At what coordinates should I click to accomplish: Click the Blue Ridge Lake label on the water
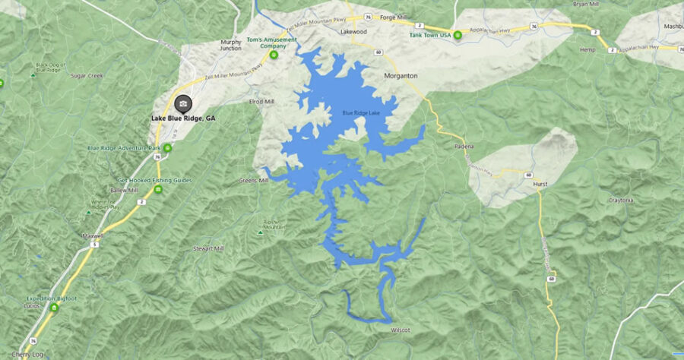361,113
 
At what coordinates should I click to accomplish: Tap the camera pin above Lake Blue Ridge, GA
183,103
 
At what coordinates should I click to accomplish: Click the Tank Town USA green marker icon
458,35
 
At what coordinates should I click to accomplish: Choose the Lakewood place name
354,32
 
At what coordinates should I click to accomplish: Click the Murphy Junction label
231,45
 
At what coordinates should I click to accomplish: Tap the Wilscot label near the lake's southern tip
401,330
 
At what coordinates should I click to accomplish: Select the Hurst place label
540,185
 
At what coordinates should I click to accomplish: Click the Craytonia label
621,200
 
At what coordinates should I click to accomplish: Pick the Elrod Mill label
261,102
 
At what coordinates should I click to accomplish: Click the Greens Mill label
254,181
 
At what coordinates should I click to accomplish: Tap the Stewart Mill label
208,248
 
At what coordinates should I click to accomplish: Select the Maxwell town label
92,236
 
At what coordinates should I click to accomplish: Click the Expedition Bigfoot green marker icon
54,308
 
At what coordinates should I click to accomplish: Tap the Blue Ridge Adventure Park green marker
167,147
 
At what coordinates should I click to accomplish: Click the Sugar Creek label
86,76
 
